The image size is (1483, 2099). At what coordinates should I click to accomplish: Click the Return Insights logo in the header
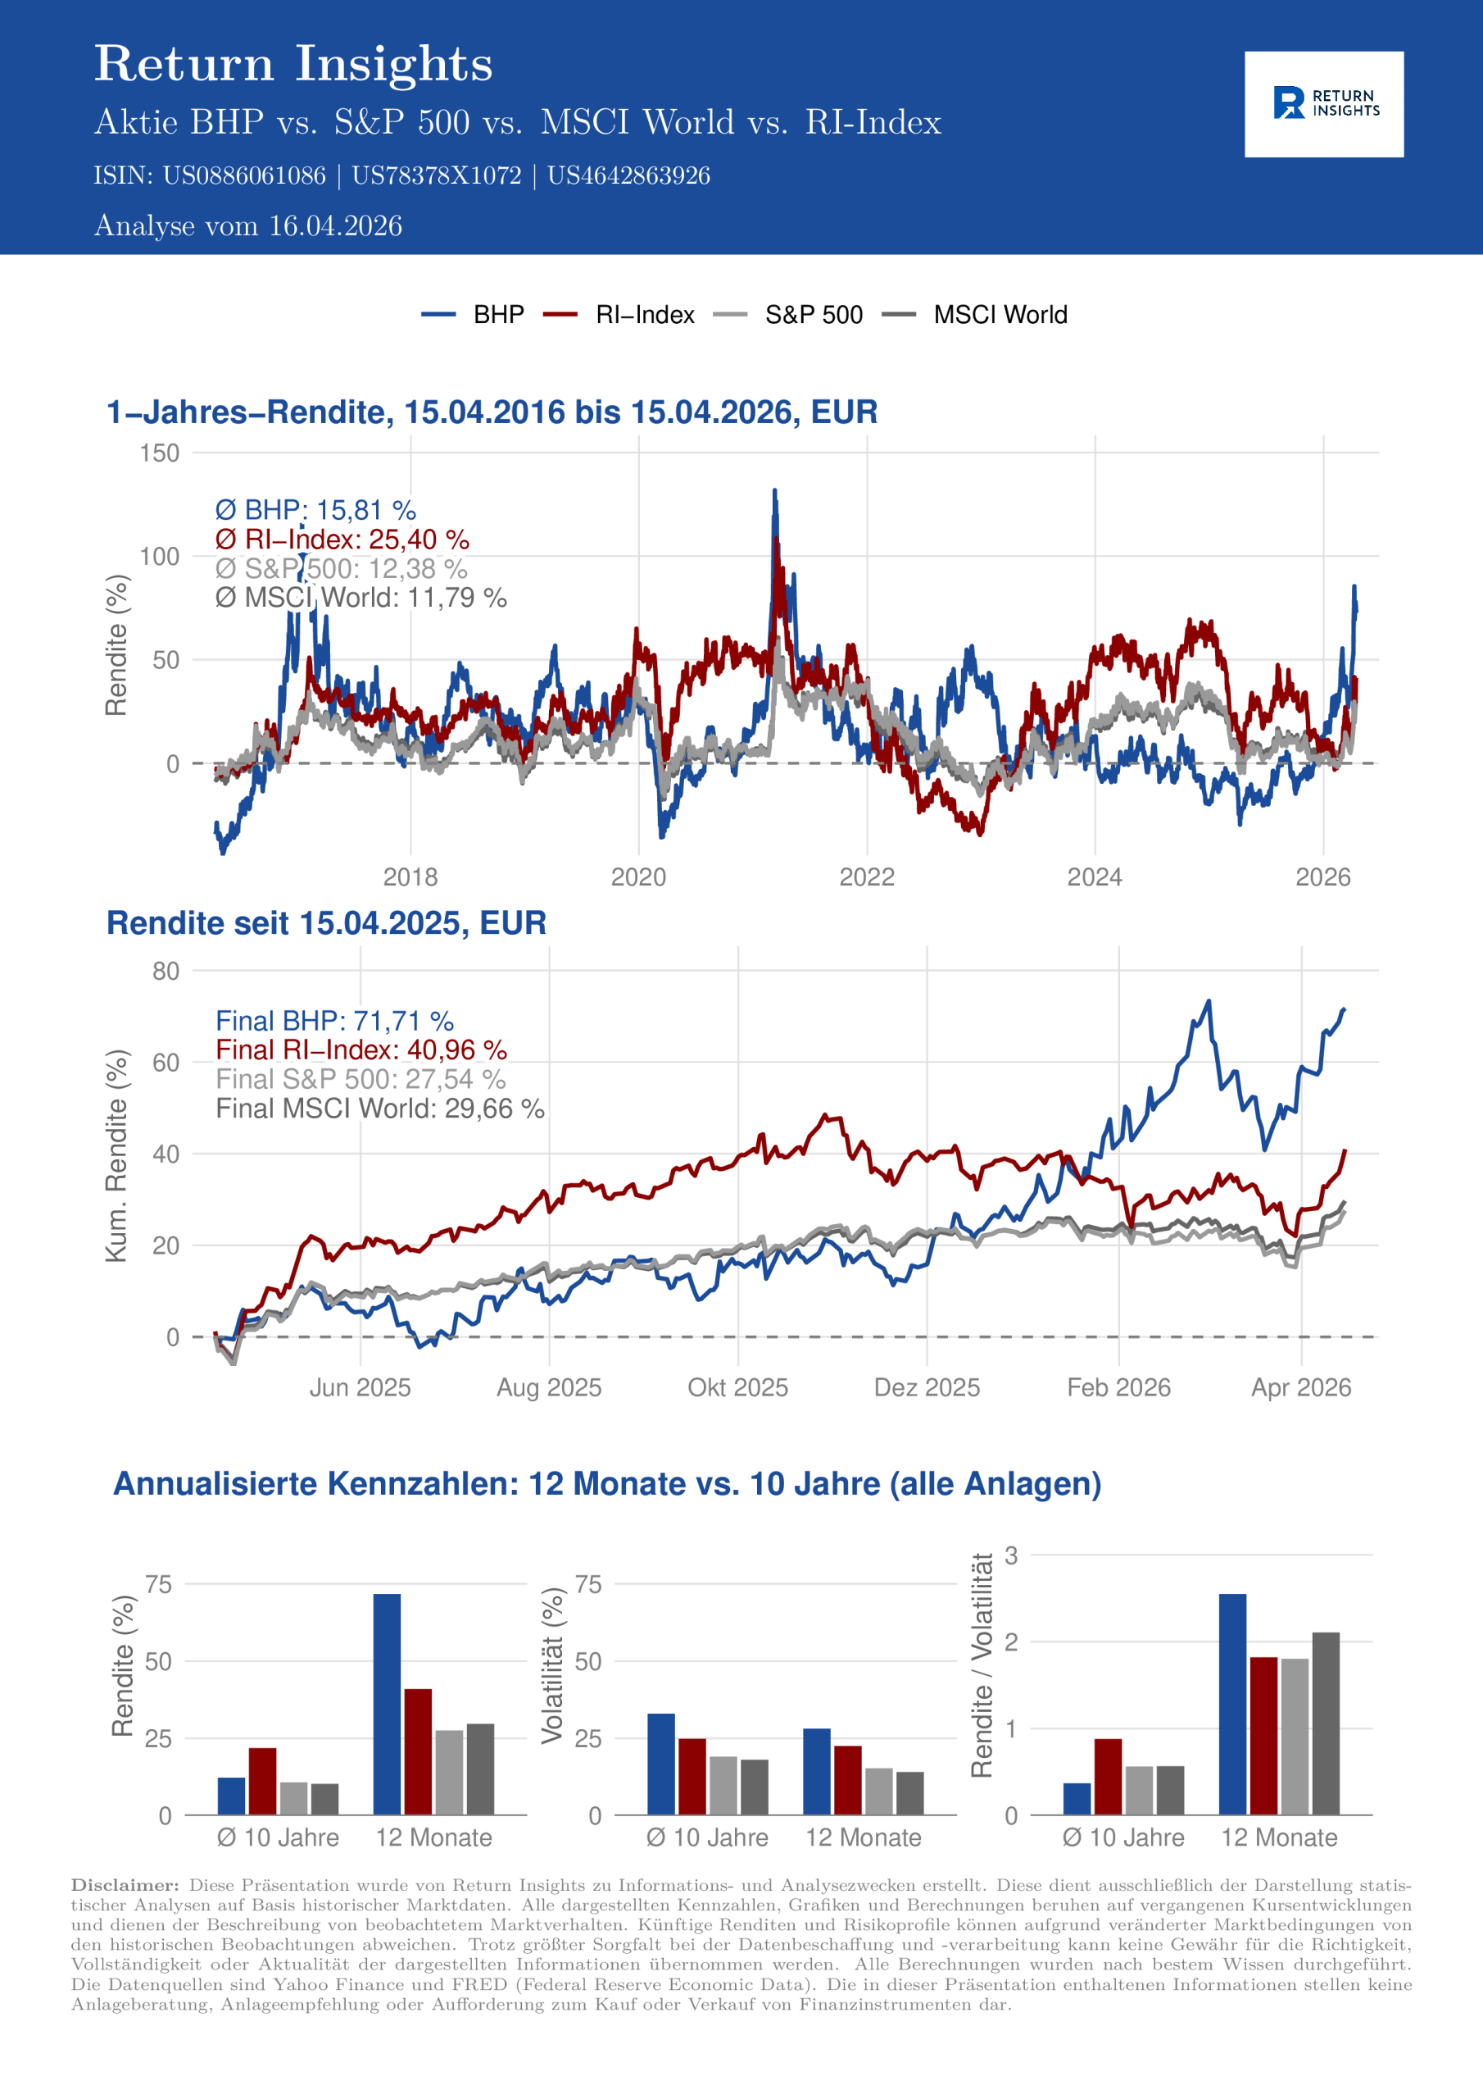[1323, 103]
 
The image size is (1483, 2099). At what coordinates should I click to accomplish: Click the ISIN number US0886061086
[244, 175]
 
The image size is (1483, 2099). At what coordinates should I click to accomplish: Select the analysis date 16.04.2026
[335, 225]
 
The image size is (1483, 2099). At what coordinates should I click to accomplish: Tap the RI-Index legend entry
[644, 315]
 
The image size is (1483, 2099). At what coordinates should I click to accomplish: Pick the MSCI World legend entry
[1000, 315]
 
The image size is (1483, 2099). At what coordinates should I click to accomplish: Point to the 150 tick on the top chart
[160, 453]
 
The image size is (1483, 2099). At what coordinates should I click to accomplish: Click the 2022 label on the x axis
[866, 877]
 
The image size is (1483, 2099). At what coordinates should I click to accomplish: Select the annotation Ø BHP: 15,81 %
[315, 510]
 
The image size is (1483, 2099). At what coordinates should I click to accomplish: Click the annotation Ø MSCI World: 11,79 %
[361, 598]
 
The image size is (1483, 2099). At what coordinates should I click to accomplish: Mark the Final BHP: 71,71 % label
[334, 1021]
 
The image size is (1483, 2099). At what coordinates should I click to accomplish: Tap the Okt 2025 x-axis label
[737, 1388]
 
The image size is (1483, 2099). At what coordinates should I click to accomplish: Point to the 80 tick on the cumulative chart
[166, 971]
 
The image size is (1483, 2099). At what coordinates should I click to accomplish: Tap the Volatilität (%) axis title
[552, 1664]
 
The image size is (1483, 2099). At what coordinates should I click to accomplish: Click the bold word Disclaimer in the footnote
[125, 1885]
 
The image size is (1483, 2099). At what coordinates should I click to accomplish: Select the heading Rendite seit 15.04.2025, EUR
[326, 923]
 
